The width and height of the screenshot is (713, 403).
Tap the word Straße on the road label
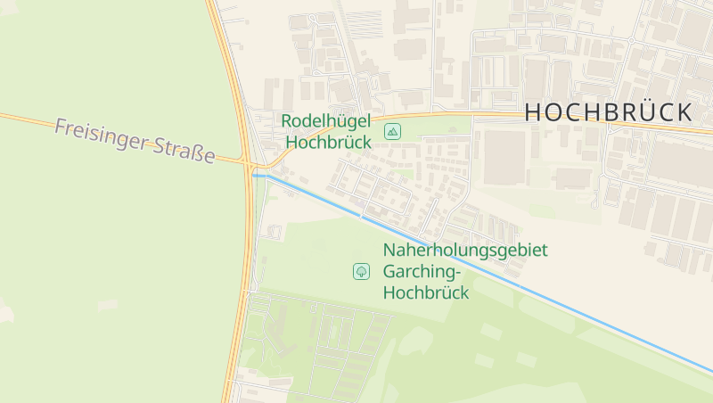coord(185,151)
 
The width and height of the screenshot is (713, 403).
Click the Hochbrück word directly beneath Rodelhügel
coord(328,141)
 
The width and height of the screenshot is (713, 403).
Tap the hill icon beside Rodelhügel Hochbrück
coord(392,132)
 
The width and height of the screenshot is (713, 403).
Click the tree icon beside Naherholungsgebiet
coord(362,270)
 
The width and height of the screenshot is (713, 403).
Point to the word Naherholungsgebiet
coord(465,251)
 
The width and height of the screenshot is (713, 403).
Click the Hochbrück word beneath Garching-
coord(426,292)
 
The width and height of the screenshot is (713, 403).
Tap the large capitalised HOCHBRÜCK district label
coord(608,112)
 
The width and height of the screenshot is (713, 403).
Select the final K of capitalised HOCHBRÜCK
coord(683,112)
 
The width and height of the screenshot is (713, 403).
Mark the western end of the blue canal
coord(254,176)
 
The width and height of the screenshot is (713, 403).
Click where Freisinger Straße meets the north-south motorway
coord(247,162)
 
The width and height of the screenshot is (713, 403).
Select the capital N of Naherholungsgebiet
coord(389,251)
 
